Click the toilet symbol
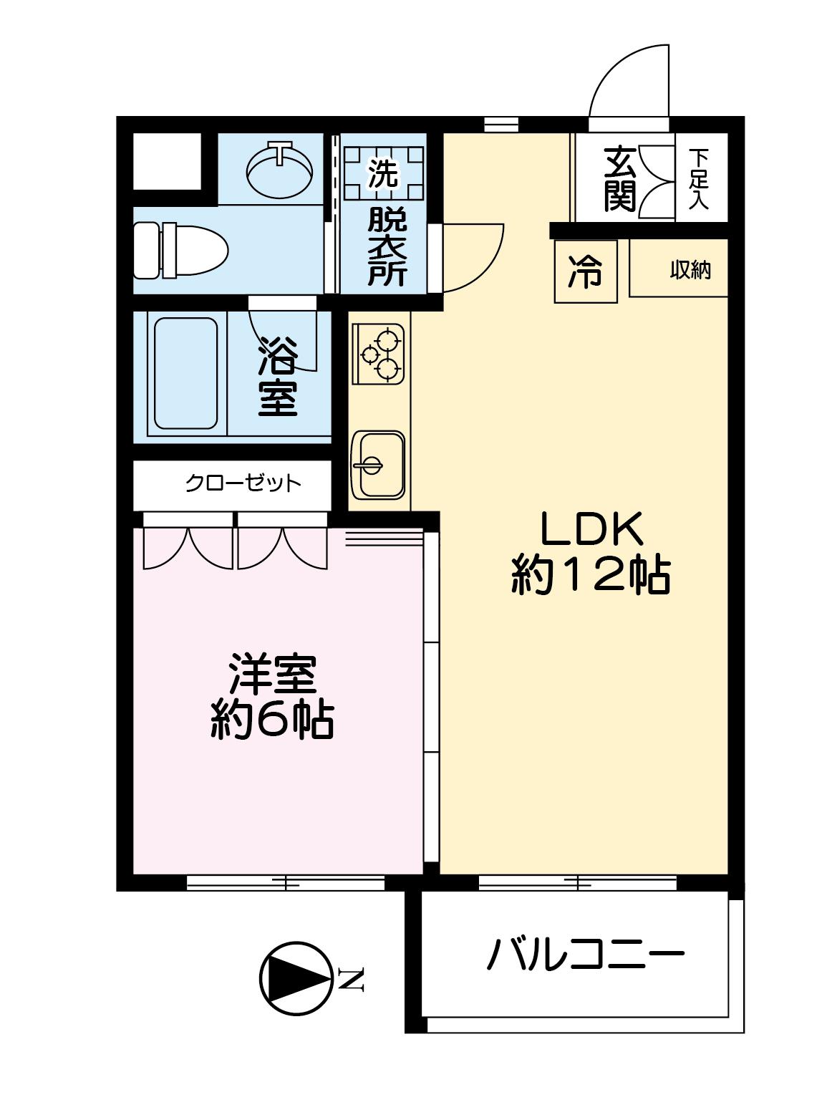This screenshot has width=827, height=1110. pos(180,250)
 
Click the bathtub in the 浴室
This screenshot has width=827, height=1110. pos(185,374)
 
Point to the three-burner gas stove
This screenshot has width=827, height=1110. pos(378,354)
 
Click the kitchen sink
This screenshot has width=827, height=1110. pos(378,465)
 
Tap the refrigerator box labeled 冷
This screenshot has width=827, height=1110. pos(585,271)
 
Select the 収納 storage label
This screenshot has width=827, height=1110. pos(690,271)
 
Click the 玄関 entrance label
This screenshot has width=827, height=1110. pos(620,179)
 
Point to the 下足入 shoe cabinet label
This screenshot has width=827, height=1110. pos(698,179)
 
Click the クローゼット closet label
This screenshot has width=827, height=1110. pos(243,483)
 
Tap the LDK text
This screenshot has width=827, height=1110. pos(591,530)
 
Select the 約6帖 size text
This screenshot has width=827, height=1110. pos(271,721)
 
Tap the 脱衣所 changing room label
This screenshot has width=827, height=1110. pos(387,248)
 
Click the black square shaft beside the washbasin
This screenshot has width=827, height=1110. pos(168,161)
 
